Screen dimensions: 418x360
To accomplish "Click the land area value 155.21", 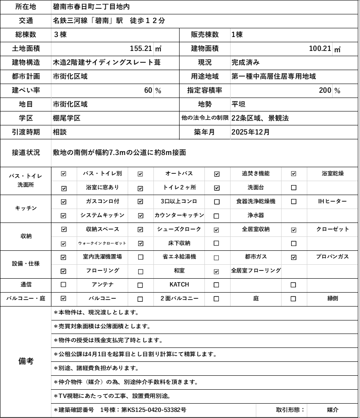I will point(141,48).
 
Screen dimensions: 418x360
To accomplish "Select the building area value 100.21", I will point(320,48).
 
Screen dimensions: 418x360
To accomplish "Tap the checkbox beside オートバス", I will point(140,174).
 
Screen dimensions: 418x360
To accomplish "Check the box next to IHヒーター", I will point(293,202).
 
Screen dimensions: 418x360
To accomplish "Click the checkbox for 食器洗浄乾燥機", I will point(217,202).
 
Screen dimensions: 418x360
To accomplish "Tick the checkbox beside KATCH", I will point(140,285).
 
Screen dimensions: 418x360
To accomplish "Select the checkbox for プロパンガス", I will point(293,257).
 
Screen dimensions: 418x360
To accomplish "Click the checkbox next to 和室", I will point(140,271).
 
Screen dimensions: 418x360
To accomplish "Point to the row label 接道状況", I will point(26,153).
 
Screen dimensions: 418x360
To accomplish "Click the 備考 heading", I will point(26,361).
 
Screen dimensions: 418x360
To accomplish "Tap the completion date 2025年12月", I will point(251,132).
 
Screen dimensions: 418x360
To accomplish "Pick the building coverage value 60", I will point(148,91).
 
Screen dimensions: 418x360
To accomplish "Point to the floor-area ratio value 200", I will point(325,91).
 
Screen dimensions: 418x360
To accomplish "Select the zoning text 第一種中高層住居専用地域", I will point(274,77).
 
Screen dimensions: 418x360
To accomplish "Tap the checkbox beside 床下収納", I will point(140,243).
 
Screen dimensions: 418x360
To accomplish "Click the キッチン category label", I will point(26,208).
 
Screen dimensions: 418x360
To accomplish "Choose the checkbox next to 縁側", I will point(293,299).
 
